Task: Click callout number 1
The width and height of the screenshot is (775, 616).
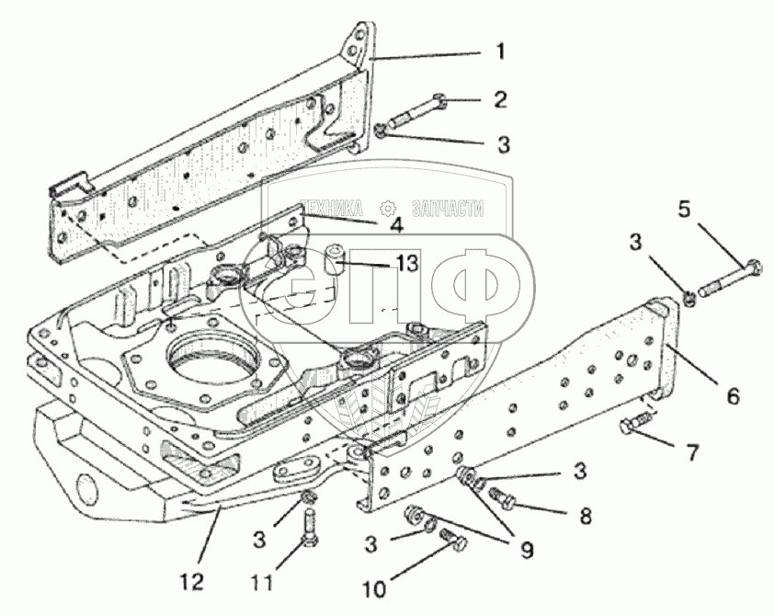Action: click(x=500, y=51)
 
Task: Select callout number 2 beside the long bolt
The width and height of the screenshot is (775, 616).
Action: click(x=500, y=99)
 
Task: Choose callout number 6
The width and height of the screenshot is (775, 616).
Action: click(x=732, y=396)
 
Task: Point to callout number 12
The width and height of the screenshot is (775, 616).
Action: click(x=194, y=583)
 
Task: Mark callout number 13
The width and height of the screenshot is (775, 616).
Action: click(x=405, y=264)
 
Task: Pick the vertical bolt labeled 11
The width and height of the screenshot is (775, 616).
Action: click(x=309, y=526)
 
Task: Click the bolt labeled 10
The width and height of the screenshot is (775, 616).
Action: click(x=450, y=539)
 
